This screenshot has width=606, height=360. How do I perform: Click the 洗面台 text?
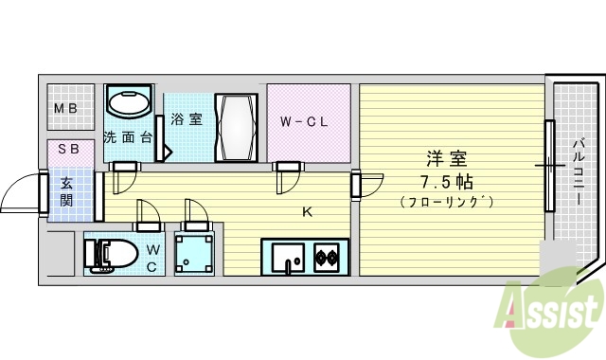(128, 136)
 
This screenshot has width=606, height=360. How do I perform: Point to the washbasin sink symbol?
(130, 102)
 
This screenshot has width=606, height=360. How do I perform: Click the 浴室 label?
(186, 119)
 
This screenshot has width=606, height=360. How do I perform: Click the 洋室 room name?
(447, 158)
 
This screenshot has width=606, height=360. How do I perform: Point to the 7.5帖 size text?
(447, 180)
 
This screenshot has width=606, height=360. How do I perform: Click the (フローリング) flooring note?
(447, 202)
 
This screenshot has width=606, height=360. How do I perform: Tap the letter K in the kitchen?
(307, 211)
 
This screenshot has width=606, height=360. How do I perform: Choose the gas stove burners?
(327, 256)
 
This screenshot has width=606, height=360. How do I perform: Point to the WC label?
(151, 258)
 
